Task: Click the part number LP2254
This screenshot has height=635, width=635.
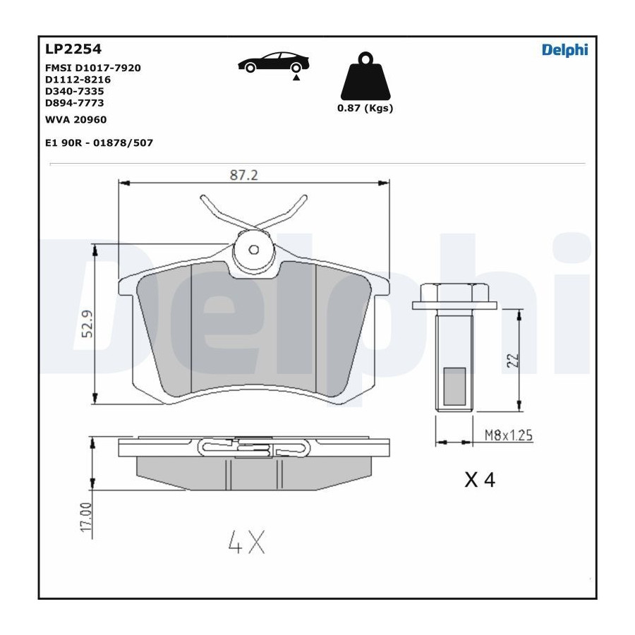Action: [x=73, y=49]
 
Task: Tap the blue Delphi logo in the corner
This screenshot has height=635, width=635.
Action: [x=565, y=50]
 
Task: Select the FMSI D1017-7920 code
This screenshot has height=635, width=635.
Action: [x=92, y=68]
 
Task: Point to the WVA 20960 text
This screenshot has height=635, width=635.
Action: [x=75, y=119]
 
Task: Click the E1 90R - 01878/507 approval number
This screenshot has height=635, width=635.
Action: [x=99, y=143]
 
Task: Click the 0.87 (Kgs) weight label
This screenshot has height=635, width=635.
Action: [x=365, y=108]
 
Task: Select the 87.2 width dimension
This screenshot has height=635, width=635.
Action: [x=244, y=175]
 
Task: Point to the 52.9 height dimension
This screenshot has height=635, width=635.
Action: [x=87, y=324]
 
